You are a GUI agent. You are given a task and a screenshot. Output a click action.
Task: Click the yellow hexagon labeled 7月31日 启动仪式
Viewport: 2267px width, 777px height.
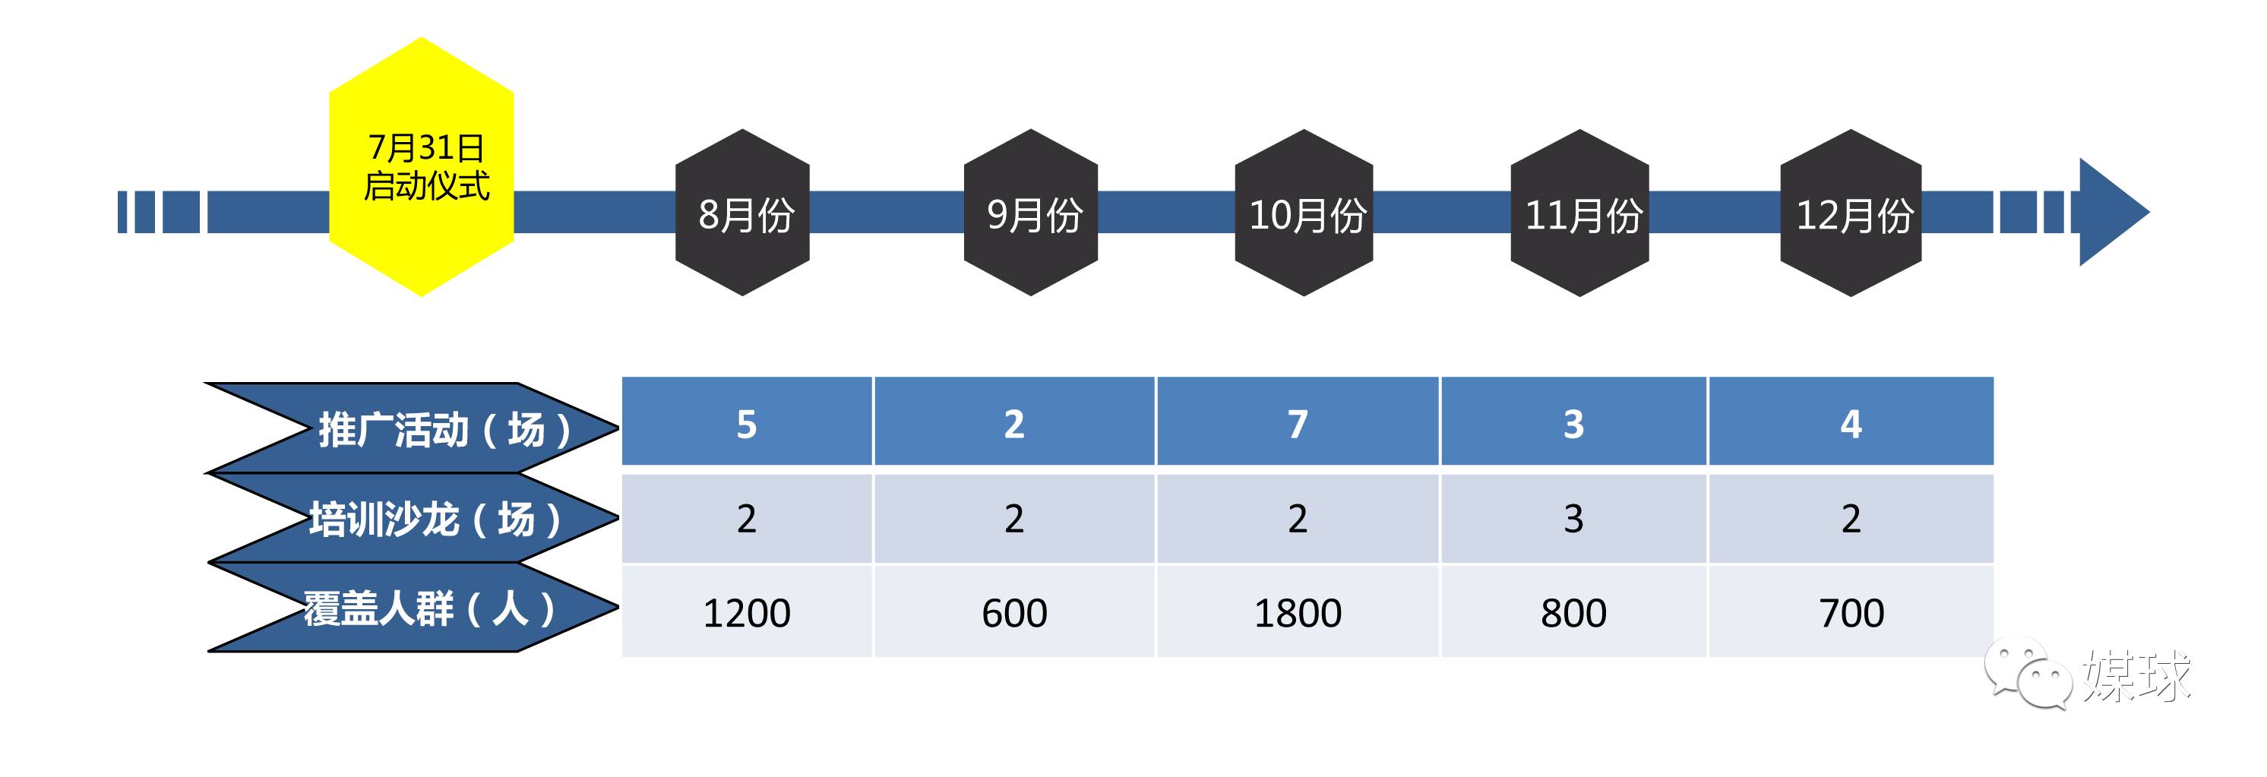tap(422, 167)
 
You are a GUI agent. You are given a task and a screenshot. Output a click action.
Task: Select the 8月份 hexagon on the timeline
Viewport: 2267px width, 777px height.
tap(743, 213)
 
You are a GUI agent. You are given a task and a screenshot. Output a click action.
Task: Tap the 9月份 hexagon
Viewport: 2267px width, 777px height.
tap(1032, 213)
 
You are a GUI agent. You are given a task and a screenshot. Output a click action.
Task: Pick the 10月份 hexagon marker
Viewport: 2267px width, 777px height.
tap(1304, 213)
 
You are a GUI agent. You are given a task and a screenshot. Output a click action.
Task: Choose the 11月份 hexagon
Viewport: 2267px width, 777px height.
tap(1579, 213)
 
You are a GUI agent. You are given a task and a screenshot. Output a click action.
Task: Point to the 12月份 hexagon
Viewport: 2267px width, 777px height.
tap(1851, 213)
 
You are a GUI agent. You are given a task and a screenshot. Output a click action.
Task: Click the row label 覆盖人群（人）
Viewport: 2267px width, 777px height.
tap(429, 608)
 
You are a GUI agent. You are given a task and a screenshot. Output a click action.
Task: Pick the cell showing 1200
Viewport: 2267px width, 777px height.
tap(746, 612)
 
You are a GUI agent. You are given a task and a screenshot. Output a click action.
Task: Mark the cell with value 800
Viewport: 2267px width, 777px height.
tap(1573, 612)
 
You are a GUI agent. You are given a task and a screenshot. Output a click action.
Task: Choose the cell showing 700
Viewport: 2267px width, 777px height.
tap(1851, 612)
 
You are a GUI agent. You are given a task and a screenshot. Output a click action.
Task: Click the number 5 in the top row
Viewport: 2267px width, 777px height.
tap(746, 424)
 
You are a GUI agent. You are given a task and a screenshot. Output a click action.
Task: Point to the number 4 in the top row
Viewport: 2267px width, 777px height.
tap(1851, 424)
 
